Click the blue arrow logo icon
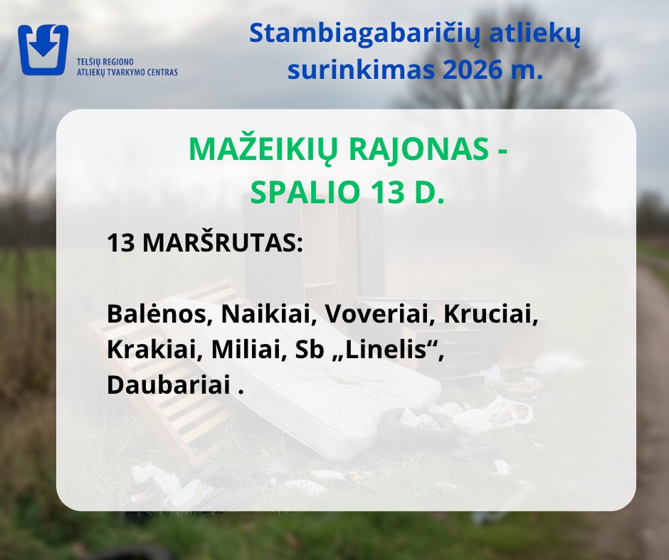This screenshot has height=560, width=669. (43, 50)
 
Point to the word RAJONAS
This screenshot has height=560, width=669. (419, 149)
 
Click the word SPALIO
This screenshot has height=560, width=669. (305, 192)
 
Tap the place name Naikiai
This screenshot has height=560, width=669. (268, 315)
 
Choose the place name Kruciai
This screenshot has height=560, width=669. (490, 315)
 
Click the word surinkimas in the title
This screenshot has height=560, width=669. (362, 70)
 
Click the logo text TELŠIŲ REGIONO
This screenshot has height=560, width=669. (105, 63)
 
